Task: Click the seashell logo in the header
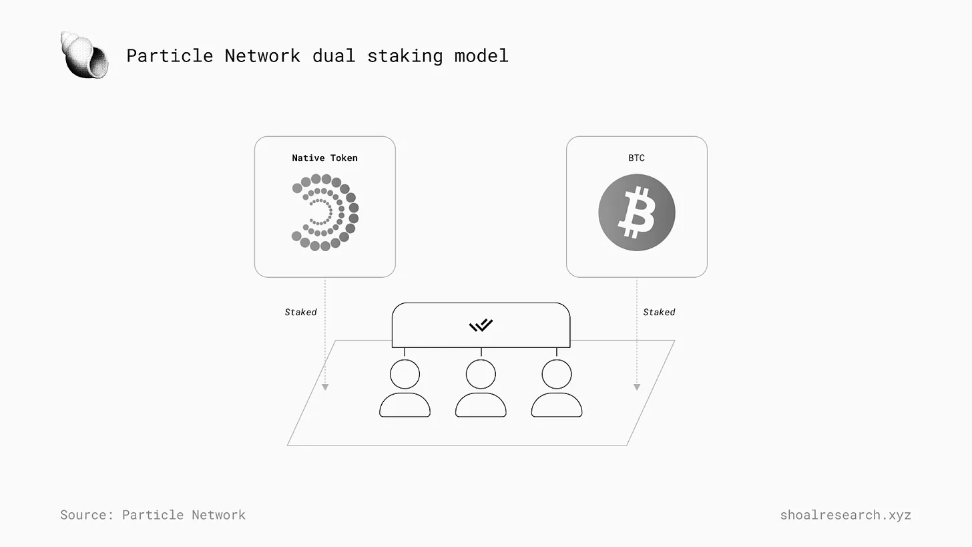click(x=85, y=55)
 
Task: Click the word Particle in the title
click(x=170, y=55)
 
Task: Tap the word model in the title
click(x=481, y=55)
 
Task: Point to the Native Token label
click(x=324, y=158)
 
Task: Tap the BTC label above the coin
click(x=636, y=158)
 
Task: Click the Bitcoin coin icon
click(x=636, y=212)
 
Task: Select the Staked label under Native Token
click(x=300, y=312)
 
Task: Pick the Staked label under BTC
click(x=659, y=312)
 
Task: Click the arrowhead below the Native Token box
click(x=325, y=387)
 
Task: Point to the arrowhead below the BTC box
click(x=637, y=387)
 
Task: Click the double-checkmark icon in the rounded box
click(x=481, y=325)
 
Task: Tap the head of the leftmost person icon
click(x=405, y=374)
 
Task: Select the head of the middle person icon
click(x=481, y=374)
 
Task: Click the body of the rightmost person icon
click(x=557, y=405)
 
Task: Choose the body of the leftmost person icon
click(x=405, y=405)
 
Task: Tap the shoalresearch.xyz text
click(x=845, y=515)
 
